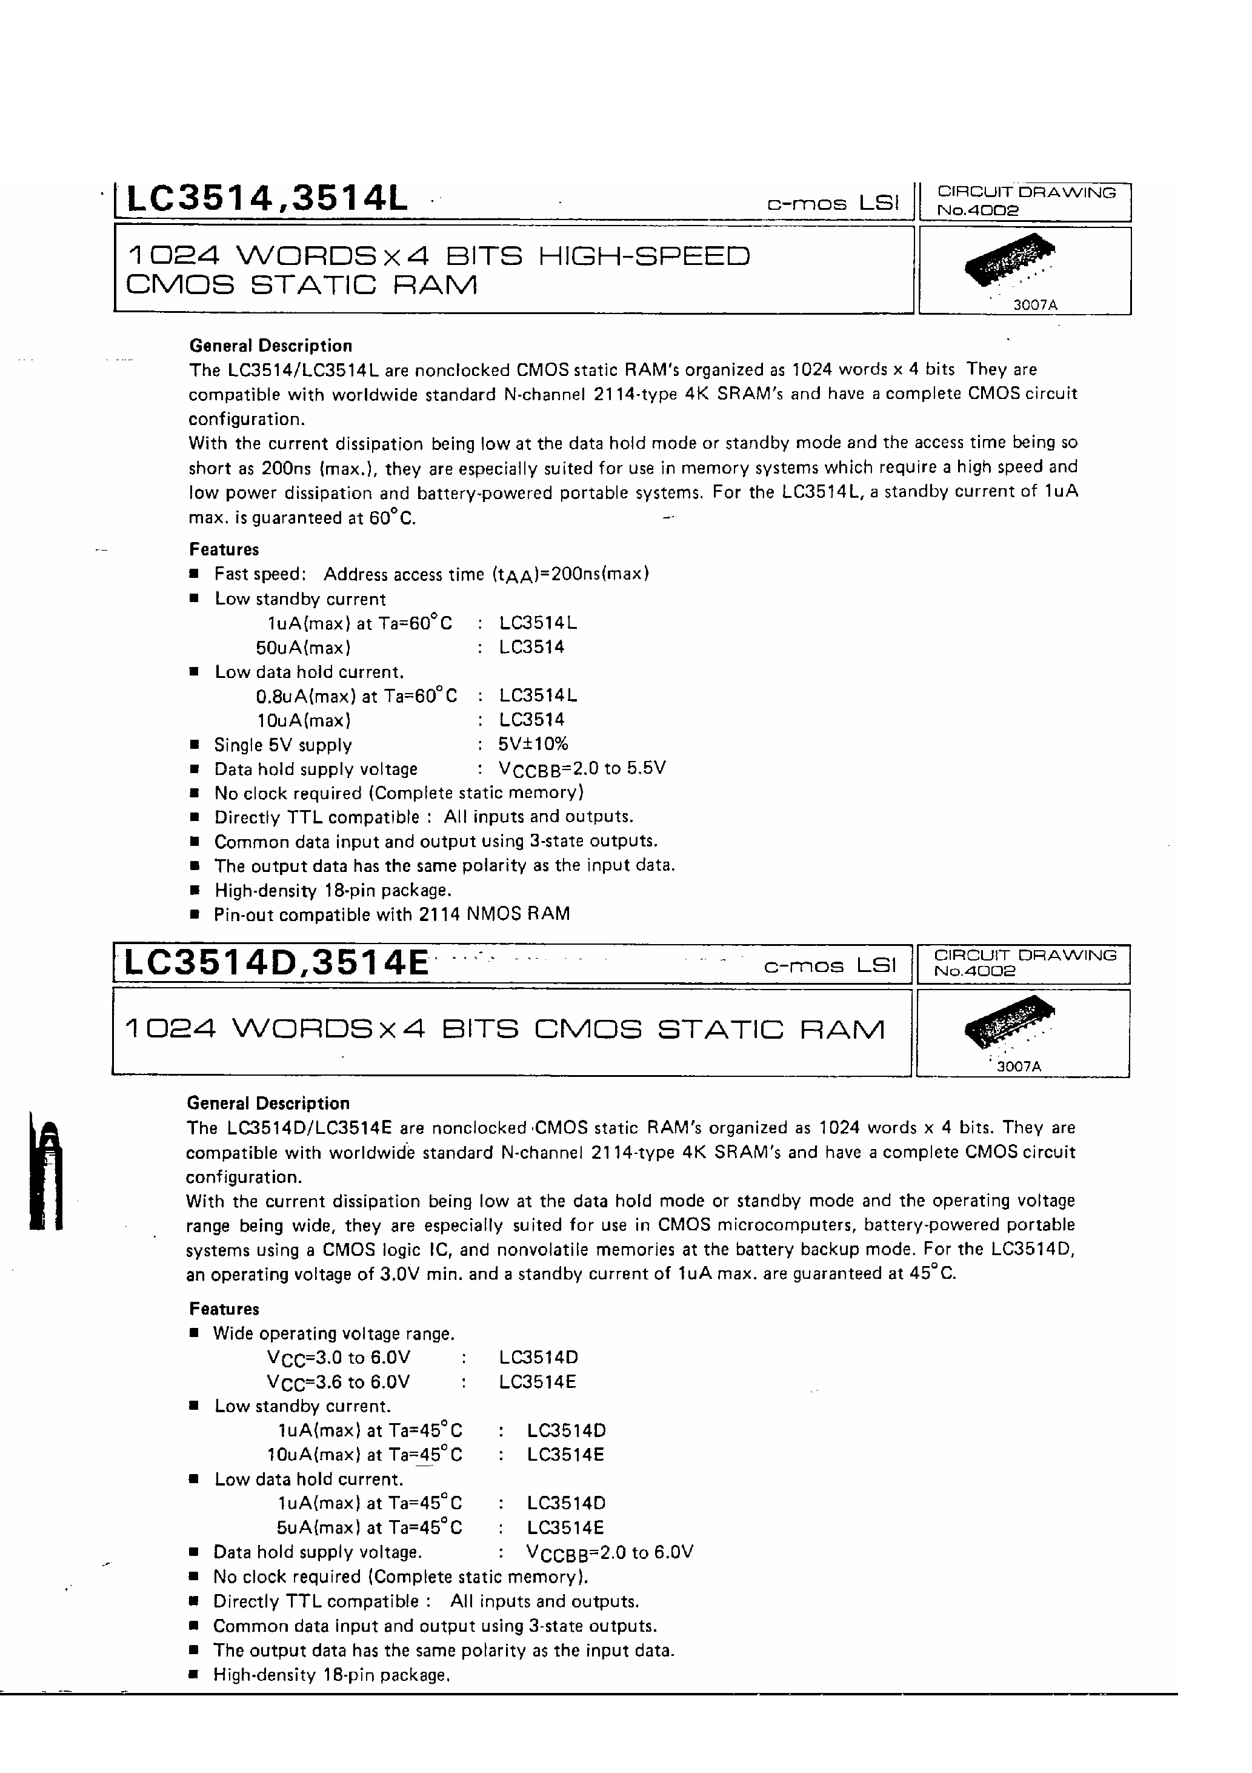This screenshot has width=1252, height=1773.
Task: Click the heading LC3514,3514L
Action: point(265,199)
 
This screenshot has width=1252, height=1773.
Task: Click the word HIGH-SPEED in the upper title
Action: point(643,256)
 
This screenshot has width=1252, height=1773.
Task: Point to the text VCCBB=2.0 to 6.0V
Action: point(609,1553)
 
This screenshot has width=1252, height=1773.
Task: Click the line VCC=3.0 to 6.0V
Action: point(339,1358)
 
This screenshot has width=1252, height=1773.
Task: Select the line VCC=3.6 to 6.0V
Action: point(339,1383)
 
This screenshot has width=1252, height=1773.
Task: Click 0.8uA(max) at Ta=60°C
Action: point(356,695)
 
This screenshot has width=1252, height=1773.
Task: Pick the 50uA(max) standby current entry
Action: point(304,647)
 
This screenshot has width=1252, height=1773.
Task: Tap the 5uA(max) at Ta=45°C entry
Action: point(369,1527)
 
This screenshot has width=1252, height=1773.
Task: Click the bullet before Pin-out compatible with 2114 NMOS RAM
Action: point(195,914)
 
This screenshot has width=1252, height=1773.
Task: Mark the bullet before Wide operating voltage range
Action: point(195,1333)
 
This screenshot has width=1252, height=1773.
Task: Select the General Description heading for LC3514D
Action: point(268,1103)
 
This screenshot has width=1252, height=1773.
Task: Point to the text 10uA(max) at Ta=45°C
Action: point(364,1455)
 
